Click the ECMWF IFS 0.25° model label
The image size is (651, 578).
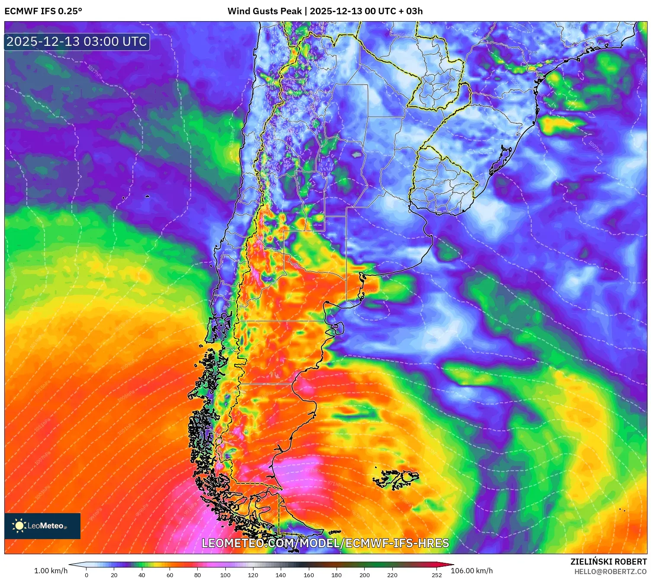click(43, 11)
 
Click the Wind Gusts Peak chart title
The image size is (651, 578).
click(325, 11)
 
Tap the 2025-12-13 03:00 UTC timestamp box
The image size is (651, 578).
click(77, 42)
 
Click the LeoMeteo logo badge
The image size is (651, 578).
click(42, 526)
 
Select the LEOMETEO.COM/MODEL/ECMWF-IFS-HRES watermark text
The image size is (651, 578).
click(325, 543)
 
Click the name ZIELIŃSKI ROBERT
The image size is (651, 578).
click(608, 562)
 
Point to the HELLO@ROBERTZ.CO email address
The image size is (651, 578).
click(610, 572)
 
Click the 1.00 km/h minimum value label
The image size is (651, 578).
click(51, 571)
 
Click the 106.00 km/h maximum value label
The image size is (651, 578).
click(471, 571)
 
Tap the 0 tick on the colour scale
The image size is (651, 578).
click(87, 575)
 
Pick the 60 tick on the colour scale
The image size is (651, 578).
click(170, 575)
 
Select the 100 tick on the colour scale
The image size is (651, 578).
click(225, 575)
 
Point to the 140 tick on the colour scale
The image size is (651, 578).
click(281, 575)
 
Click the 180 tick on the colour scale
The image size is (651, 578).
click(336, 575)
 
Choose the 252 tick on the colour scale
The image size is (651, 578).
click(436, 575)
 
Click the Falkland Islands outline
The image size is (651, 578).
click(396, 478)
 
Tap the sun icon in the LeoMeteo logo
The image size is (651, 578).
click(19, 526)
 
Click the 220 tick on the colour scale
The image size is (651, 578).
click(392, 575)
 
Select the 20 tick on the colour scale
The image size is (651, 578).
click(114, 575)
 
